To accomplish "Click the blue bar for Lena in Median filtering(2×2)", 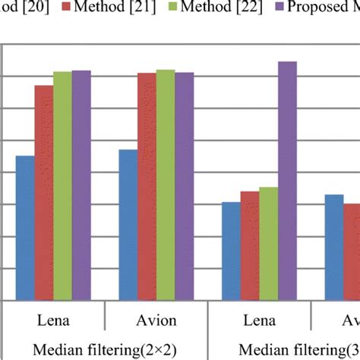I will coord(25,228).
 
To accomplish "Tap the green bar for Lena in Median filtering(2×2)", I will coord(62,186).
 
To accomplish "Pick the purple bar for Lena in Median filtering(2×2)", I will coord(81,185).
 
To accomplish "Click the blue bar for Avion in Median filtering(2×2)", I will coord(128,225).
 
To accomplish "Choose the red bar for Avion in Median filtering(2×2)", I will coord(147,187).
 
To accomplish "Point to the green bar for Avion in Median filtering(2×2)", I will coord(166,185).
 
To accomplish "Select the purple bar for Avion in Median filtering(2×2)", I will coord(185,187).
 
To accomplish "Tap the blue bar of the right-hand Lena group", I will coord(231,251).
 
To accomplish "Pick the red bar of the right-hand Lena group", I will coord(250,246).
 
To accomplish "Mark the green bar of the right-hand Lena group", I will coord(268,244).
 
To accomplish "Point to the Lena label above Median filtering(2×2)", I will coord(53,318).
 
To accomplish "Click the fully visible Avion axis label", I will coord(156,318).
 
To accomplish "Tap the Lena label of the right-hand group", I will coord(259,318).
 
